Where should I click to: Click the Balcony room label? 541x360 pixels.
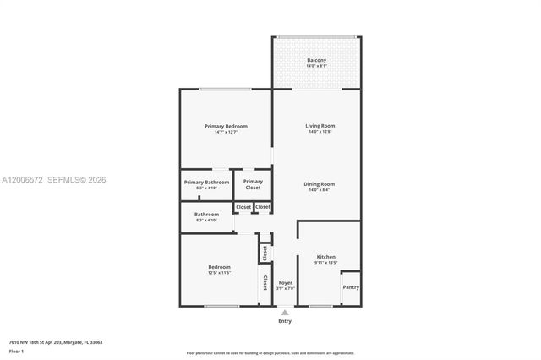pyautogui.click(x=317, y=60)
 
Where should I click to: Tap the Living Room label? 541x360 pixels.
pyautogui.click(x=320, y=126)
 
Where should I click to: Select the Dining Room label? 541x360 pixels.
pyautogui.click(x=320, y=183)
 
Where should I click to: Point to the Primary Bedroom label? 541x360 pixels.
pyautogui.click(x=226, y=126)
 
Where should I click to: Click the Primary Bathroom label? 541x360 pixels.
pyautogui.click(x=206, y=182)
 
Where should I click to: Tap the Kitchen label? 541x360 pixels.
pyautogui.click(x=326, y=257)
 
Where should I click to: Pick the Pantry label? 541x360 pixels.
pyautogui.click(x=350, y=287)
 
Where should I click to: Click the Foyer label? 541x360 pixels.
pyautogui.click(x=286, y=282)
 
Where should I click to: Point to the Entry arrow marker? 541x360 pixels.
pyautogui.click(x=285, y=312)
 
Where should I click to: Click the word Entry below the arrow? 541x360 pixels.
pyautogui.click(x=285, y=321)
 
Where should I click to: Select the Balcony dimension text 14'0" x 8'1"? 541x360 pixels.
pyautogui.click(x=317, y=66)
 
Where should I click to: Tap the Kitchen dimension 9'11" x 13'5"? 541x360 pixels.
pyautogui.click(x=326, y=263)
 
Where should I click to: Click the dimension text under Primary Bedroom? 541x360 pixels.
pyautogui.click(x=226, y=132)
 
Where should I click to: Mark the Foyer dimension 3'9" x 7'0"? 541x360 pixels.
pyautogui.click(x=286, y=288)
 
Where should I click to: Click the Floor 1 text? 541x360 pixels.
pyautogui.click(x=15, y=351)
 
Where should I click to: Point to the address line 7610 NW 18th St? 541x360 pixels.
pyautogui.click(x=56, y=342)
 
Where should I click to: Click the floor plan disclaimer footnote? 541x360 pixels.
pyautogui.click(x=270, y=352)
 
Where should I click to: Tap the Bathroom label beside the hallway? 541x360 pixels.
pyautogui.click(x=206, y=215)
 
